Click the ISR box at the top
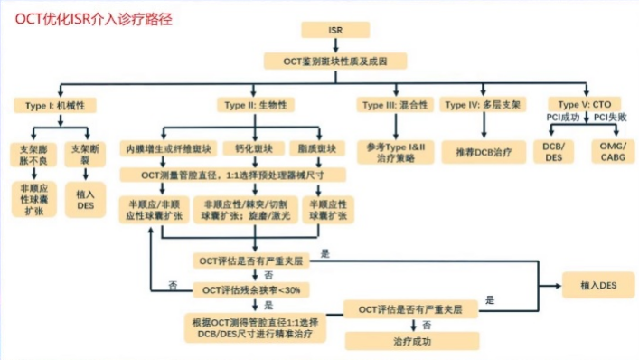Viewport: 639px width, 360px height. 334,31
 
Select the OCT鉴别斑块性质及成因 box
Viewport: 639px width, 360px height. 334,61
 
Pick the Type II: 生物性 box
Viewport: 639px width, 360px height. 256,105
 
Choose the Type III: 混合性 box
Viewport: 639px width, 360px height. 394,105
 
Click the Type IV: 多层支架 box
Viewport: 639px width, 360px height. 483,105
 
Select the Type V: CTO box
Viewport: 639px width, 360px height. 584,105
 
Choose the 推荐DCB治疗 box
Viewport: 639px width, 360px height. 484,152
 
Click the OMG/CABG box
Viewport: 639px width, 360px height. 611,152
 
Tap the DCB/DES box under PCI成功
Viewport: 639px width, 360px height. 553,152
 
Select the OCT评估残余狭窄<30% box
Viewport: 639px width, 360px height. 255,289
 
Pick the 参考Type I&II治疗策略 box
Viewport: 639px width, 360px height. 394,152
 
